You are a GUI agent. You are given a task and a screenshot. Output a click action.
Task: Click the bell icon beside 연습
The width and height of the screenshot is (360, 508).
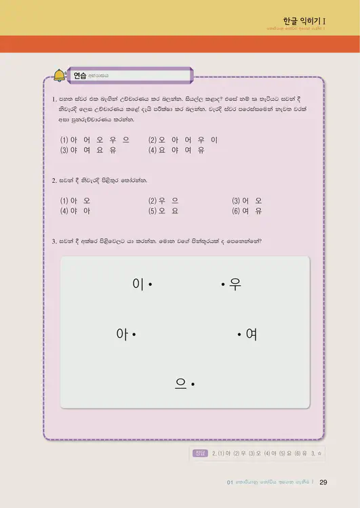click(x=60, y=75)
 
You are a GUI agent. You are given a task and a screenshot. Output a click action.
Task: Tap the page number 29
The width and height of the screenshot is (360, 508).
click(x=323, y=482)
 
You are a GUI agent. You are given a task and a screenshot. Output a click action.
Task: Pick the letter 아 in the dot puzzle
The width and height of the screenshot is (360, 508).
click(x=122, y=334)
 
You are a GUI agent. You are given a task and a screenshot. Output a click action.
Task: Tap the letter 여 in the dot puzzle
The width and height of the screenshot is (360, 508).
click(x=251, y=334)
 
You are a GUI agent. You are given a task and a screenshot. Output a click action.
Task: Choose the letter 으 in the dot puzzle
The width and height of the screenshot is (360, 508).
click(x=181, y=384)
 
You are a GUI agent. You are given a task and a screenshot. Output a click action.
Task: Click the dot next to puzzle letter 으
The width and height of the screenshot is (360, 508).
click(x=193, y=385)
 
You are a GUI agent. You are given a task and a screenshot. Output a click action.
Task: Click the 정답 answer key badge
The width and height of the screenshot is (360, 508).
click(x=199, y=453)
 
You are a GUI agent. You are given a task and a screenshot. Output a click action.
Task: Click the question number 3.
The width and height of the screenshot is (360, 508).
click(x=54, y=240)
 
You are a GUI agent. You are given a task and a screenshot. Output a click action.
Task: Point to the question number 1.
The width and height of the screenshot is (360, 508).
click(x=54, y=100)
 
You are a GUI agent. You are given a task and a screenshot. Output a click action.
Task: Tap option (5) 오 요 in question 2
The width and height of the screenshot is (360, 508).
click(x=163, y=211)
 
